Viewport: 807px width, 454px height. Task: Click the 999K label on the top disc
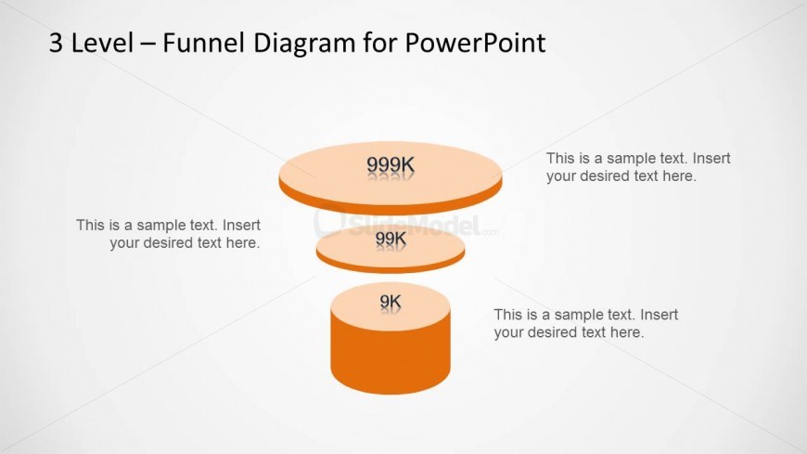coord(391,165)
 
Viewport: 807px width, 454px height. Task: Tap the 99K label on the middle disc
coord(391,239)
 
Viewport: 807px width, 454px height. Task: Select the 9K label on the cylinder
coord(391,301)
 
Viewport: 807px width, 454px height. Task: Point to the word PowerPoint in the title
coord(475,43)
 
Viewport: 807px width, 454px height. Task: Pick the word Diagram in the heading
coord(303,44)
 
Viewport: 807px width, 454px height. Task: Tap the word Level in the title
coord(102,43)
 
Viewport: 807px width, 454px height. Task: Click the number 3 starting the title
coord(56,43)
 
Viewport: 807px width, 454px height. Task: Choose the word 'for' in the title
coord(379,43)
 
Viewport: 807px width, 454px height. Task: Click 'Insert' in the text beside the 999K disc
coord(711,158)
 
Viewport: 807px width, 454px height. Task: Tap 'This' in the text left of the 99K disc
coord(90,226)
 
